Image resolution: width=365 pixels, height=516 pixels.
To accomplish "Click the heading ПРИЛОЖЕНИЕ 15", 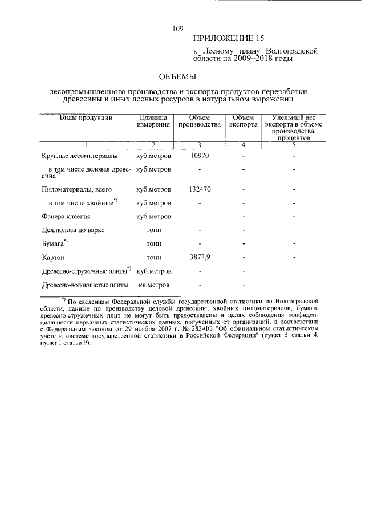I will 229,39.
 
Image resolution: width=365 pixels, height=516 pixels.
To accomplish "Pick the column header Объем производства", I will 199,121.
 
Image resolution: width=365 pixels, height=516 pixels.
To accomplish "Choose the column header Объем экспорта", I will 244,121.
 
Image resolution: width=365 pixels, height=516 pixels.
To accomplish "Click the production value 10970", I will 200,155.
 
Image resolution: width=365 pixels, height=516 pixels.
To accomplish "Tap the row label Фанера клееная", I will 67,217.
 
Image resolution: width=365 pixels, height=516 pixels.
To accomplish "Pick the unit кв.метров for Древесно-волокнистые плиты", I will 154,285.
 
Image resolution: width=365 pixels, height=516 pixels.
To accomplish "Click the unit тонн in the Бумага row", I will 154,243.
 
